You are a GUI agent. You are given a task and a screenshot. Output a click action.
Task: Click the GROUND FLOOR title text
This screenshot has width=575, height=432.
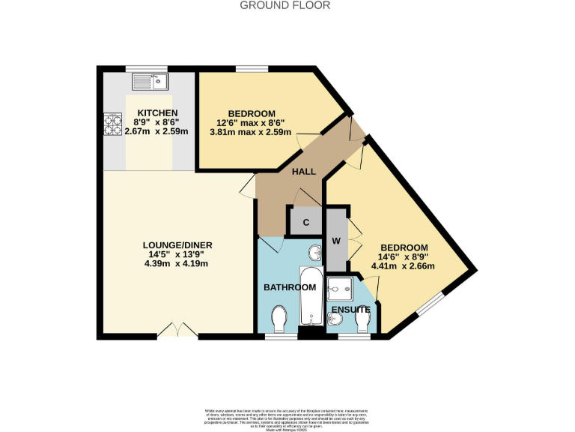285,5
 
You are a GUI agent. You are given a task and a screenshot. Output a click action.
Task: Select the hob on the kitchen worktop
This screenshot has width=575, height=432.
112,124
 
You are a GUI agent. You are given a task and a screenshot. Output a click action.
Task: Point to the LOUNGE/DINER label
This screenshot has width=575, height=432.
174,244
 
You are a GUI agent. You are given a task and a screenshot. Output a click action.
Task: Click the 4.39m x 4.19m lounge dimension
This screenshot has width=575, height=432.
174,263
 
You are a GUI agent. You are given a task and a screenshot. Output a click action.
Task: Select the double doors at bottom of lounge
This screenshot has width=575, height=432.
177,331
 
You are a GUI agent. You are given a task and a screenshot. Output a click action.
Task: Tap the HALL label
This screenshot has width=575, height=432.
302,172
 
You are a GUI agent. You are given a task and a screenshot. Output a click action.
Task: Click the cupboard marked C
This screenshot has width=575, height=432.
305,222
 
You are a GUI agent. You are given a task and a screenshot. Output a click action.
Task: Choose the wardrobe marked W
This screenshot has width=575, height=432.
337,241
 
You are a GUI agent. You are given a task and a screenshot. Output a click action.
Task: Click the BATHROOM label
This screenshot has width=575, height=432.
289,287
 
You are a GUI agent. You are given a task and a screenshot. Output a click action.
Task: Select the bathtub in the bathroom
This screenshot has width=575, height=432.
309,296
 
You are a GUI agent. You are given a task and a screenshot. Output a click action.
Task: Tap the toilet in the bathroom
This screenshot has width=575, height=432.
279,319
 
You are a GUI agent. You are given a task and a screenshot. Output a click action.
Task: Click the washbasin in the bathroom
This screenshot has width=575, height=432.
315,253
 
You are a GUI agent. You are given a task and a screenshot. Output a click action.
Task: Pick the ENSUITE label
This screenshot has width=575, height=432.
350,309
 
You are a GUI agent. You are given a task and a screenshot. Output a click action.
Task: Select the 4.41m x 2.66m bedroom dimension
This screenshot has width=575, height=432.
404,265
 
